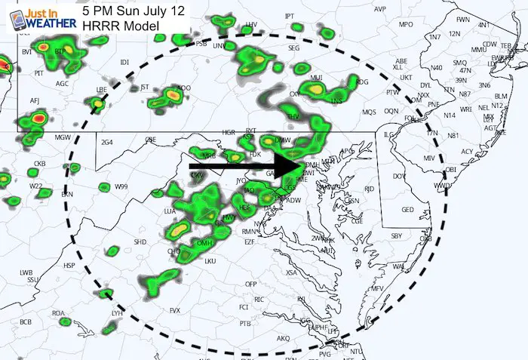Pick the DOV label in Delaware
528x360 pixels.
click(x=401, y=177)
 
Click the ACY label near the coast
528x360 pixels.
click(x=467, y=152)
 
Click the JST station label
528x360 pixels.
click(x=146, y=88)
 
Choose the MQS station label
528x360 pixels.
click(x=369, y=112)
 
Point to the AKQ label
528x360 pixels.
click(x=284, y=338)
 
